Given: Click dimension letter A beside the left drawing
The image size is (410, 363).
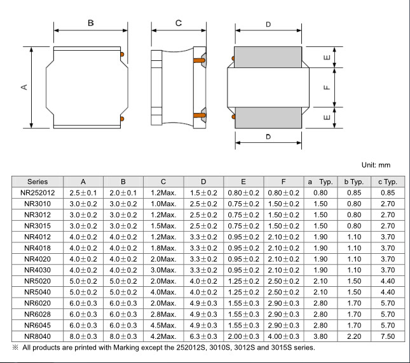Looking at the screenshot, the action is [x=24, y=87].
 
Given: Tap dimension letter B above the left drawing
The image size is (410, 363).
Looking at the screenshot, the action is [x=91, y=23].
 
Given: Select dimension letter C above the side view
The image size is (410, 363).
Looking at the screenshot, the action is [x=179, y=23].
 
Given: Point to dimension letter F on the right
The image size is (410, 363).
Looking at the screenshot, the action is [x=327, y=88].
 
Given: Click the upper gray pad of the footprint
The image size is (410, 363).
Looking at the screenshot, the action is [x=268, y=57].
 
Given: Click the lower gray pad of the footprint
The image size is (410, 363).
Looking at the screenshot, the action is [x=268, y=117].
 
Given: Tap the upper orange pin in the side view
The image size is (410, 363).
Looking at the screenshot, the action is [x=199, y=60].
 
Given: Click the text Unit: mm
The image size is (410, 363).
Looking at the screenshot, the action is [x=376, y=165].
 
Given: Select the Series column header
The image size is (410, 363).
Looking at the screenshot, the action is [x=38, y=181].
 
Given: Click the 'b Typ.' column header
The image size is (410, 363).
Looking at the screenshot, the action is [x=354, y=181].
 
